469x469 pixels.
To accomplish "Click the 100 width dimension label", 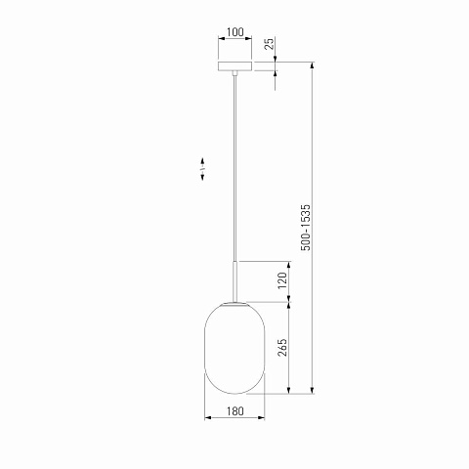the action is coord(234,32).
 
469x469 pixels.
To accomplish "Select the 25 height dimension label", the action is coord(269,44).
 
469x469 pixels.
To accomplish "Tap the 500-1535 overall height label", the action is coord(306,228).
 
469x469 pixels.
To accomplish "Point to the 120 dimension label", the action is coord(282,280).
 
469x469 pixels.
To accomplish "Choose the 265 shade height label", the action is coord(282,347).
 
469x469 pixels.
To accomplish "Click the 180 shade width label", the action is coord(234,411).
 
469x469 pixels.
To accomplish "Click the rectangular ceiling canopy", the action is coord(234,65).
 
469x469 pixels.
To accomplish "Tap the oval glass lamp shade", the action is coord(234,348).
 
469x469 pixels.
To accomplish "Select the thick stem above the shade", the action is coord(234,281).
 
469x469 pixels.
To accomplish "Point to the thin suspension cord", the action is coord(234,168).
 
